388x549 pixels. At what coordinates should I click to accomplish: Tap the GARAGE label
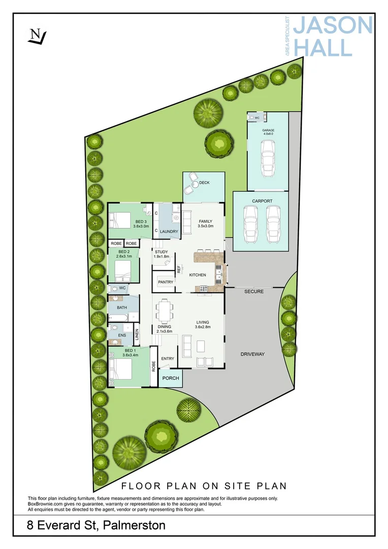coord(268,131)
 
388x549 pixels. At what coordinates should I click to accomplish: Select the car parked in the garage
coord(268,157)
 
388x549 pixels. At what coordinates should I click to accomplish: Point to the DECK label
coord(204,182)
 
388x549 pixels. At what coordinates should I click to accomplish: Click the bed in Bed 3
coord(120,220)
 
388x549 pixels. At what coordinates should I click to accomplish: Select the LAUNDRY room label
coord(169,232)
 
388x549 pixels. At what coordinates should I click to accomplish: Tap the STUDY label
coord(161,252)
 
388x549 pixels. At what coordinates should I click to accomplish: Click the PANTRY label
coord(166,282)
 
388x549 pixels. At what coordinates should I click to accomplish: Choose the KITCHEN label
coord(198,275)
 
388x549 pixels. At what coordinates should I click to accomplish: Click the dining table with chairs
coord(164,311)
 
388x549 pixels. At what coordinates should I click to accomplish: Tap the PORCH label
coord(171,378)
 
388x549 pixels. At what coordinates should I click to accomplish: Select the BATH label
coord(122,308)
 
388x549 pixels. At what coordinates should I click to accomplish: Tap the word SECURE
coord(254,291)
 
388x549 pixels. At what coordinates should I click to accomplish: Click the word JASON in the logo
coord(333,25)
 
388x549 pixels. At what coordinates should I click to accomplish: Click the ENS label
coord(121,335)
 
